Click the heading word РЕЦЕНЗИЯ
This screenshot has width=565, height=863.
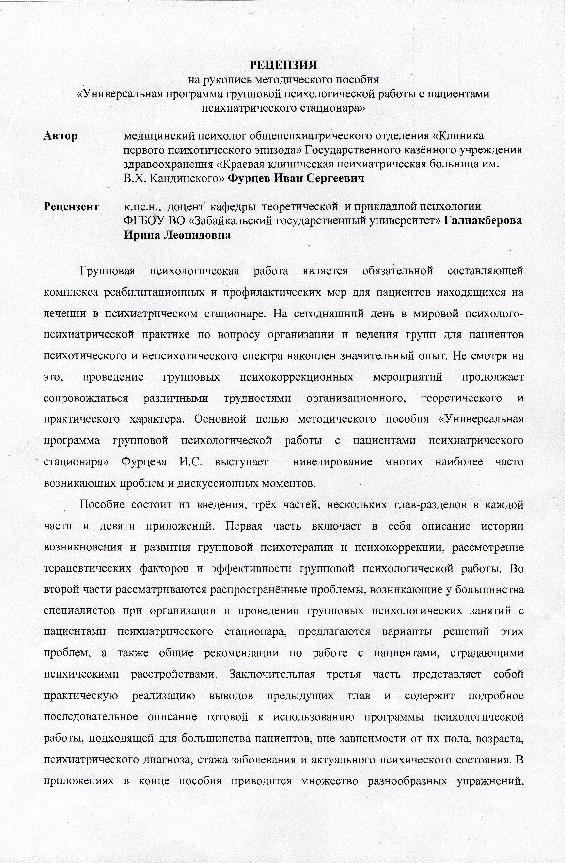[283, 65]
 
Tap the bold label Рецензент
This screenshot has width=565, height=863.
[71, 207]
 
